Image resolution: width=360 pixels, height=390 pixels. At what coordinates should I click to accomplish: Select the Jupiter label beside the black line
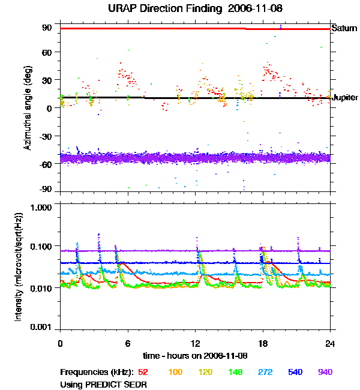pyautogui.click(x=346, y=97)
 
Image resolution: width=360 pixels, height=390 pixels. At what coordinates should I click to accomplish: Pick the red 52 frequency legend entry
pyautogui.click(x=143, y=373)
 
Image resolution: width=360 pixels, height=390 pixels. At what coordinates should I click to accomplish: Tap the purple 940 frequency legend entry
pyautogui.click(x=325, y=373)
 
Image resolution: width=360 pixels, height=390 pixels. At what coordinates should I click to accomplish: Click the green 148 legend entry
pyautogui.click(x=235, y=373)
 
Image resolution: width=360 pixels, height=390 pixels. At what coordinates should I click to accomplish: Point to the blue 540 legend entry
pyautogui.click(x=295, y=373)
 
